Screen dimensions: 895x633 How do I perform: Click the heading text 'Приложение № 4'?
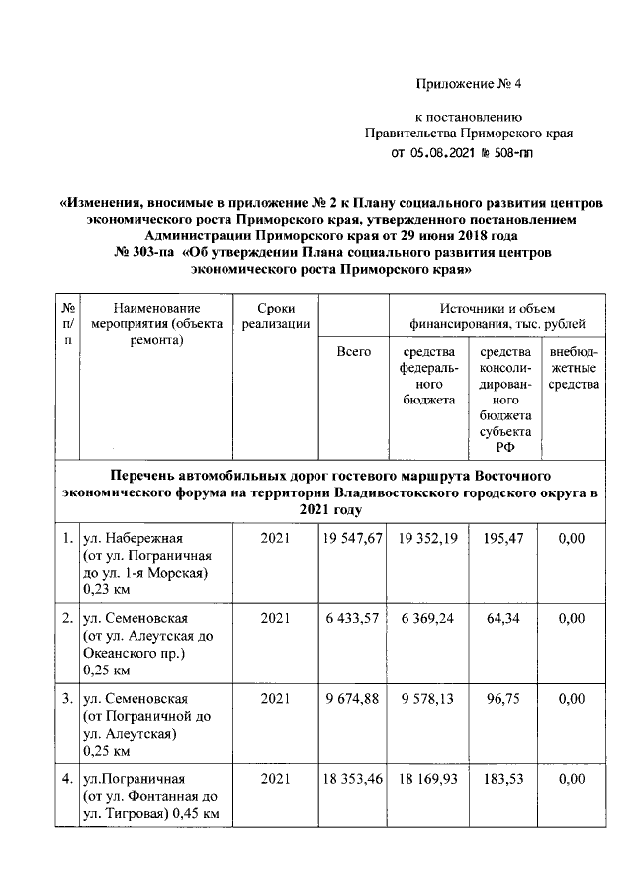tap(468, 84)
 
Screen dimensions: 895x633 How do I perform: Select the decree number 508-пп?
tap(518, 153)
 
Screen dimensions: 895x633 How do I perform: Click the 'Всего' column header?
tap(353, 351)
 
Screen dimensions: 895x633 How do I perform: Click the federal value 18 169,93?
tap(428, 779)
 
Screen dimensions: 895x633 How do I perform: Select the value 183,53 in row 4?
tap(505, 779)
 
